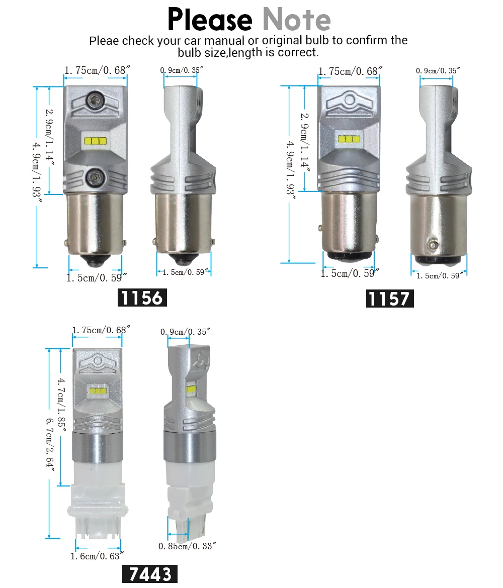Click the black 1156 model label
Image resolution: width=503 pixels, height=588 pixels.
pyautogui.click(x=142, y=298)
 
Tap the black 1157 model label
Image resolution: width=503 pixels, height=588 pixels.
pyautogui.click(x=390, y=299)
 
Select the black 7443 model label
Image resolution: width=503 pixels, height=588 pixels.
pyautogui.click(x=150, y=574)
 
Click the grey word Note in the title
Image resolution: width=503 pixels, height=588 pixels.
pyautogui.click(x=297, y=19)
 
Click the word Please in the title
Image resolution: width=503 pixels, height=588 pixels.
pyautogui.click(x=210, y=19)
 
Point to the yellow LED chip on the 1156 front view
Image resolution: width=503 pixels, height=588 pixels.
pyautogui.click(x=96, y=141)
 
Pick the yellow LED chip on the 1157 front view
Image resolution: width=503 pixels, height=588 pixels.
pyautogui.click(x=349, y=139)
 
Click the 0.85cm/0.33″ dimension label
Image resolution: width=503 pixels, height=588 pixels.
pyautogui.click(x=187, y=546)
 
